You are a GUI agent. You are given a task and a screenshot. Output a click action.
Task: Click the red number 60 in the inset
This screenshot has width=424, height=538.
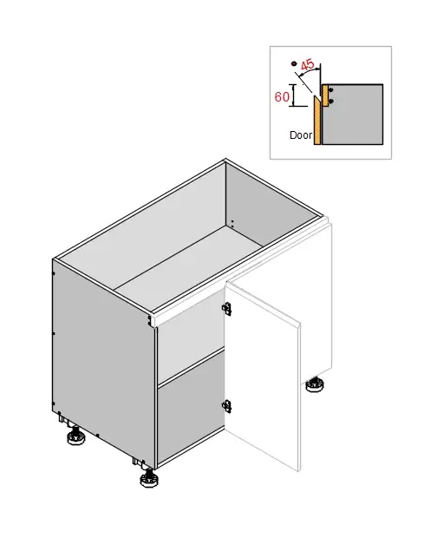coord(282,97)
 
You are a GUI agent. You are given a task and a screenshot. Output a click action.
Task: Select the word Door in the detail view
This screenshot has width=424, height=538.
coord(300,135)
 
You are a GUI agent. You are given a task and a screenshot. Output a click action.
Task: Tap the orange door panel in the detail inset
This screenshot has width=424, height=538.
coord(318,121)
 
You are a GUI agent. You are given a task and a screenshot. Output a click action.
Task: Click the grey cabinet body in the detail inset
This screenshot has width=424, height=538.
coord(356,113)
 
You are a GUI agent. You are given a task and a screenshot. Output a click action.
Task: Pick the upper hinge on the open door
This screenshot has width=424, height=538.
coord(227,308)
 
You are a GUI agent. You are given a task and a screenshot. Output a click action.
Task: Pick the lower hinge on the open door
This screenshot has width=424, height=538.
coord(227,404)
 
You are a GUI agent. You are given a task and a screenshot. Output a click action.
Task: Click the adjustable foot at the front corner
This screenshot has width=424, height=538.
coord(146,477)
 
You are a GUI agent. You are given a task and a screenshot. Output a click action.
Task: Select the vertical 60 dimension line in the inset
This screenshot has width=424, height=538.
coord(295,95)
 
